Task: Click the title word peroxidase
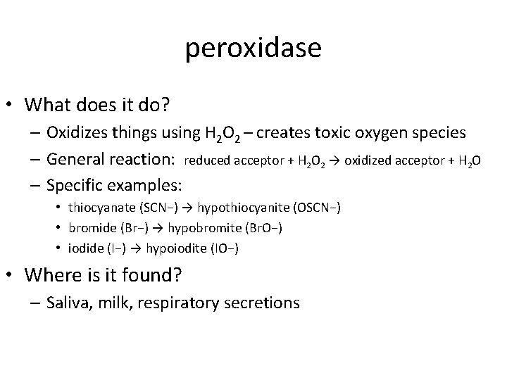(x=254, y=48)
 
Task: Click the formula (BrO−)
(x=251, y=229)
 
